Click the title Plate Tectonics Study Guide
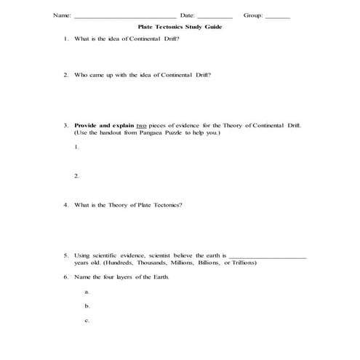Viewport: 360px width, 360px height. [180, 26]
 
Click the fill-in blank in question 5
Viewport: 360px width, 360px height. [268, 256]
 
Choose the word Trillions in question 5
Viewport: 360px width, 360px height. [240, 263]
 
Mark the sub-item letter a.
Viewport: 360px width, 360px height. [87, 292]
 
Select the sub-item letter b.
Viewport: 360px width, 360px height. [87, 305]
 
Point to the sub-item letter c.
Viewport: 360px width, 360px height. [87, 320]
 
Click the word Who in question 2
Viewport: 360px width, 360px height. [81, 74]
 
